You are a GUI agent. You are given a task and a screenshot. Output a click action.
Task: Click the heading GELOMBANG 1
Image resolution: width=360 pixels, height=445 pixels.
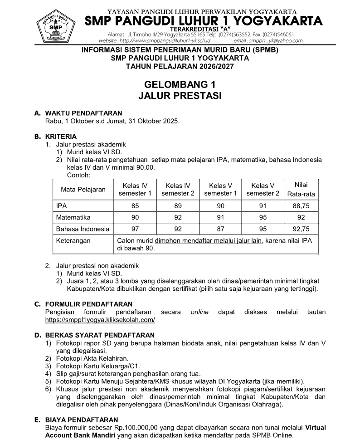tap(179, 84)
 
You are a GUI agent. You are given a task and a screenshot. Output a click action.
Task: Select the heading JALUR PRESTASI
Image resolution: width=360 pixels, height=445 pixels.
tap(179, 96)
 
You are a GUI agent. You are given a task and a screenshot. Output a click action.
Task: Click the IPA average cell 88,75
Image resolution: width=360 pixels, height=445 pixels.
tap(301, 205)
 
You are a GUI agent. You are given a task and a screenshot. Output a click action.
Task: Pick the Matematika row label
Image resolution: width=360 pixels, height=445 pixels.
tap(73, 217)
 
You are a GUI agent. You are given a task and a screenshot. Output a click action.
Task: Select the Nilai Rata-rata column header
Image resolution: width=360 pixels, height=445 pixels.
tap(301, 190)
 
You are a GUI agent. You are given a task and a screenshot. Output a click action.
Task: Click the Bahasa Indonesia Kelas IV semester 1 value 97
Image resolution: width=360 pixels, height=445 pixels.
tap(135, 229)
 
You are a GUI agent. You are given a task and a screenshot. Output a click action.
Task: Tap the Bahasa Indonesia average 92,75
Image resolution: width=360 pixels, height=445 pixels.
tap(301, 229)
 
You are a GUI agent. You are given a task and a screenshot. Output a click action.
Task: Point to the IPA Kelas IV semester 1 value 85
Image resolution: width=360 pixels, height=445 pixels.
tap(135, 205)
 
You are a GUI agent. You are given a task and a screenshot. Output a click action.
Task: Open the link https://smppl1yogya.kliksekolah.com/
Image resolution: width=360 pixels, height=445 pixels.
tap(100, 319)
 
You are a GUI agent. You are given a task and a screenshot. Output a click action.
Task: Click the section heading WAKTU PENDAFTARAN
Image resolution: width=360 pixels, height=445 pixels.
tap(83, 113)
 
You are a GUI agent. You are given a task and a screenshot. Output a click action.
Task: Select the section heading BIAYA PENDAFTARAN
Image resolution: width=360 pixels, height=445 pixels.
tap(82, 420)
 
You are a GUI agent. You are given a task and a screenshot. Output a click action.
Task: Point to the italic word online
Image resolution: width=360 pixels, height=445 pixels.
tap(199, 312)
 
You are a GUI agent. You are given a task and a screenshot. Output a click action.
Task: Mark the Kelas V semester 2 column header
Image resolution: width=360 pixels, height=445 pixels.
tap(263, 190)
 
